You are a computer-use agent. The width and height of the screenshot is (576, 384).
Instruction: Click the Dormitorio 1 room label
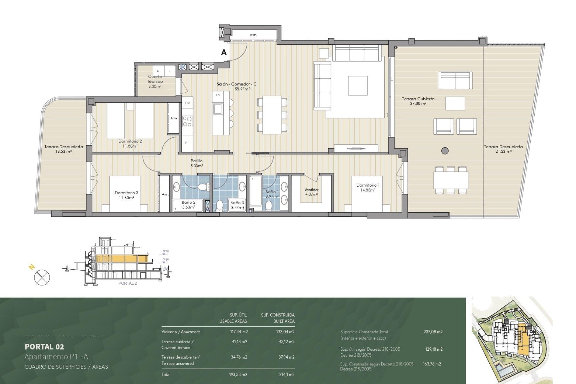pyautogui.click(x=368, y=185)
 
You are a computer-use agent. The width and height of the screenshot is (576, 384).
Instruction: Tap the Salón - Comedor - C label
pyautogui.click(x=237, y=84)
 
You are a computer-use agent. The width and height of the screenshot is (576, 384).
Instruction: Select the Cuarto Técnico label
pyautogui.click(x=155, y=79)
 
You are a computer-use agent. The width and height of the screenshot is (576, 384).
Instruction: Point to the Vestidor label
pyautogui.click(x=311, y=190)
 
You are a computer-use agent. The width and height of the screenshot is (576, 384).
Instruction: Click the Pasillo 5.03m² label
pyautogui.click(x=197, y=163)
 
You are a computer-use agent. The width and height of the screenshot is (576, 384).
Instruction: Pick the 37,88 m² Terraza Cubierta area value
pyautogui.click(x=418, y=103)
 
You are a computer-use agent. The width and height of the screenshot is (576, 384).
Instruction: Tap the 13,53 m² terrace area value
pyautogui.click(x=64, y=151)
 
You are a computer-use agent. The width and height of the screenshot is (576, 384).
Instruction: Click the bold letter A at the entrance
pyautogui.click(x=224, y=52)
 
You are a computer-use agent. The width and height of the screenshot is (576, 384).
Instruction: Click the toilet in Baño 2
pyautogui.click(x=203, y=187)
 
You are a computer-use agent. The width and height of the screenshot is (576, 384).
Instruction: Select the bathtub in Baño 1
pyautogui.click(x=256, y=191)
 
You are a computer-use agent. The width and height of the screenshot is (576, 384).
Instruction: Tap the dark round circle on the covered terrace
pyautogui.click(x=445, y=151)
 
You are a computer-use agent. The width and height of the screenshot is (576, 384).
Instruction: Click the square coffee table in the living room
pyautogui.click(x=358, y=85)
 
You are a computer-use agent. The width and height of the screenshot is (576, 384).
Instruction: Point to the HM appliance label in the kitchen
pyautogui.click(x=188, y=103)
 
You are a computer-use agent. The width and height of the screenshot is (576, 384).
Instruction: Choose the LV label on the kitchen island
pyautogui.click(x=218, y=95)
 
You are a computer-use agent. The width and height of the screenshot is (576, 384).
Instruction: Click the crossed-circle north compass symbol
pyautogui.click(x=42, y=277)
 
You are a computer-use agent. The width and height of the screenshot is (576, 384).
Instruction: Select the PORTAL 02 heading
pyautogui.click(x=44, y=347)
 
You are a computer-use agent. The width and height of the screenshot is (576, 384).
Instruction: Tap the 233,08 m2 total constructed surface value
pyautogui.click(x=433, y=332)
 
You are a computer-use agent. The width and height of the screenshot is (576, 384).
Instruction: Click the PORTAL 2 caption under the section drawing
pyautogui.click(x=127, y=283)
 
